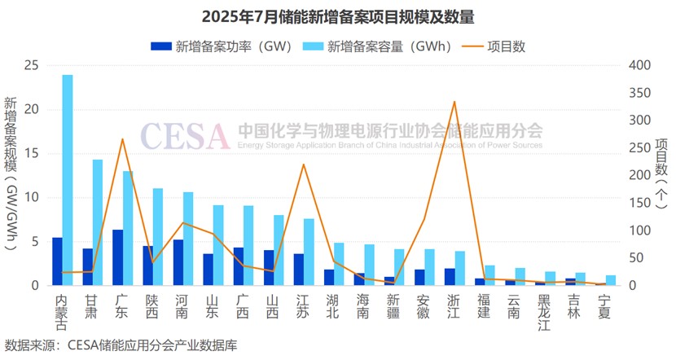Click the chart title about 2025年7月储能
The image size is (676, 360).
pos(338,16)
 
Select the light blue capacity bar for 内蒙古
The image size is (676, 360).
pos(68,179)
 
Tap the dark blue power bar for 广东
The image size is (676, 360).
pos(118,257)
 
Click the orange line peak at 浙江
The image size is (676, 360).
pos(454,102)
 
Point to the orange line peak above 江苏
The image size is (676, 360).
pos(303,165)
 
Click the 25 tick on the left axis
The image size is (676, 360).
pos(33,65)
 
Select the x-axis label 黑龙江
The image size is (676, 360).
pos(543,312)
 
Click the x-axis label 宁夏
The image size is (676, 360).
pos(603,306)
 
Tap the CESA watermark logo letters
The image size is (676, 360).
pos(185,136)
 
